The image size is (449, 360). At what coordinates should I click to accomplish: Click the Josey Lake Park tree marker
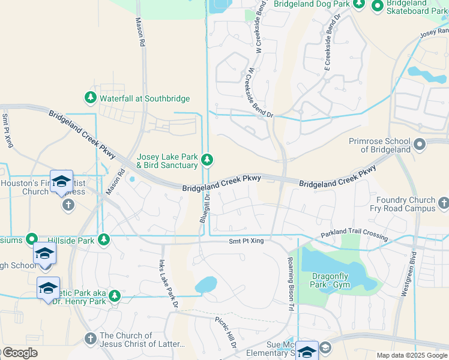click(x=207, y=160)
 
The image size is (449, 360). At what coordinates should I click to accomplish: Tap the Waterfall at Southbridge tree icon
click(x=91, y=97)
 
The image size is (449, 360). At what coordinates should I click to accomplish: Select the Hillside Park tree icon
click(x=104, y=240)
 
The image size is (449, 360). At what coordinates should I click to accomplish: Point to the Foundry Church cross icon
click(x=444, y=204)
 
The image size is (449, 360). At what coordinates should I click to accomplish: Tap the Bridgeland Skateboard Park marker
click(x=378, y=7)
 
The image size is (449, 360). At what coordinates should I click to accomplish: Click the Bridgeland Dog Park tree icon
click(x=359, y=4)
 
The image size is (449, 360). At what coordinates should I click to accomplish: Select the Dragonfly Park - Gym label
click(x=330, y=280)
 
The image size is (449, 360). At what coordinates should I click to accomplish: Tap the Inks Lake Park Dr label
click(x=169, y=284)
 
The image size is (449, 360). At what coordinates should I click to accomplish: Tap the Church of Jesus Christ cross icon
click(x=91, y=340)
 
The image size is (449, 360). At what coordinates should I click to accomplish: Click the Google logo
click(x=20, y=353)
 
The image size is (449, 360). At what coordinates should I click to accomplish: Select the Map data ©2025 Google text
click(x=411, y=355)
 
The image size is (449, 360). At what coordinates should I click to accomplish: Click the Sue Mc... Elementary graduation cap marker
click(x=307, y=352)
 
